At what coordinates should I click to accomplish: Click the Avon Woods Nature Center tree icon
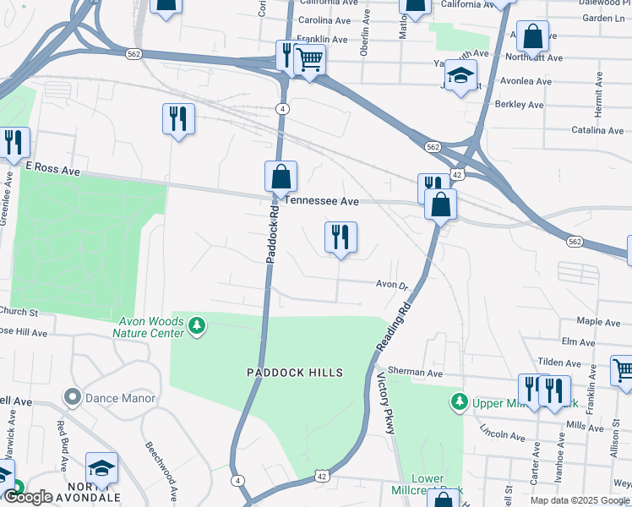click(196, 325)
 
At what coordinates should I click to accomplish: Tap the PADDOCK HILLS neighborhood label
click(294, 373)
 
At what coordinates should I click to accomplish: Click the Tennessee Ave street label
click(323, 202)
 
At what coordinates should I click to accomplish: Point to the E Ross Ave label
click(52, 170)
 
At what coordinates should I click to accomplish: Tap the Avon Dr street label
click(392, 286)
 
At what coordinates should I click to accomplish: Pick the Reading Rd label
click(393, 325)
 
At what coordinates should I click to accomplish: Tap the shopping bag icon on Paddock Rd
click(281, 177)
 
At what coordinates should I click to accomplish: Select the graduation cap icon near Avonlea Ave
click(461, 76)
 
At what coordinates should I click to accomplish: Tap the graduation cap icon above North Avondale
click(101, 469)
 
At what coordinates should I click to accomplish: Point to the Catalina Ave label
click(597, 131)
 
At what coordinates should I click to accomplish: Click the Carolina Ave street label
click(325, 20)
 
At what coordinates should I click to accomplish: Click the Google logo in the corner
click(28, 497)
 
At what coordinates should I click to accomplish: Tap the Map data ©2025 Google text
click(580, 500)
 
